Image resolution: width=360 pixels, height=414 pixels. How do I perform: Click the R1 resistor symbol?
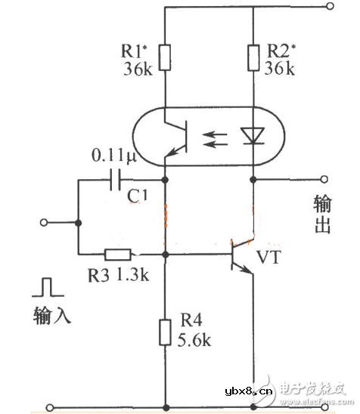[x=166, y=56]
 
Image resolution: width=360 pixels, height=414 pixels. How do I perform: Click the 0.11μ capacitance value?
[x=113, y=156]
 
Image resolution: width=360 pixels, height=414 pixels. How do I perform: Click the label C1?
[x=137, y=197]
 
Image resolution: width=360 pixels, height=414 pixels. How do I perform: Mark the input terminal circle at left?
[x=44, y=223]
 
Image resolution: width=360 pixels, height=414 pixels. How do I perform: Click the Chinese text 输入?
[x=51, y=314]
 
